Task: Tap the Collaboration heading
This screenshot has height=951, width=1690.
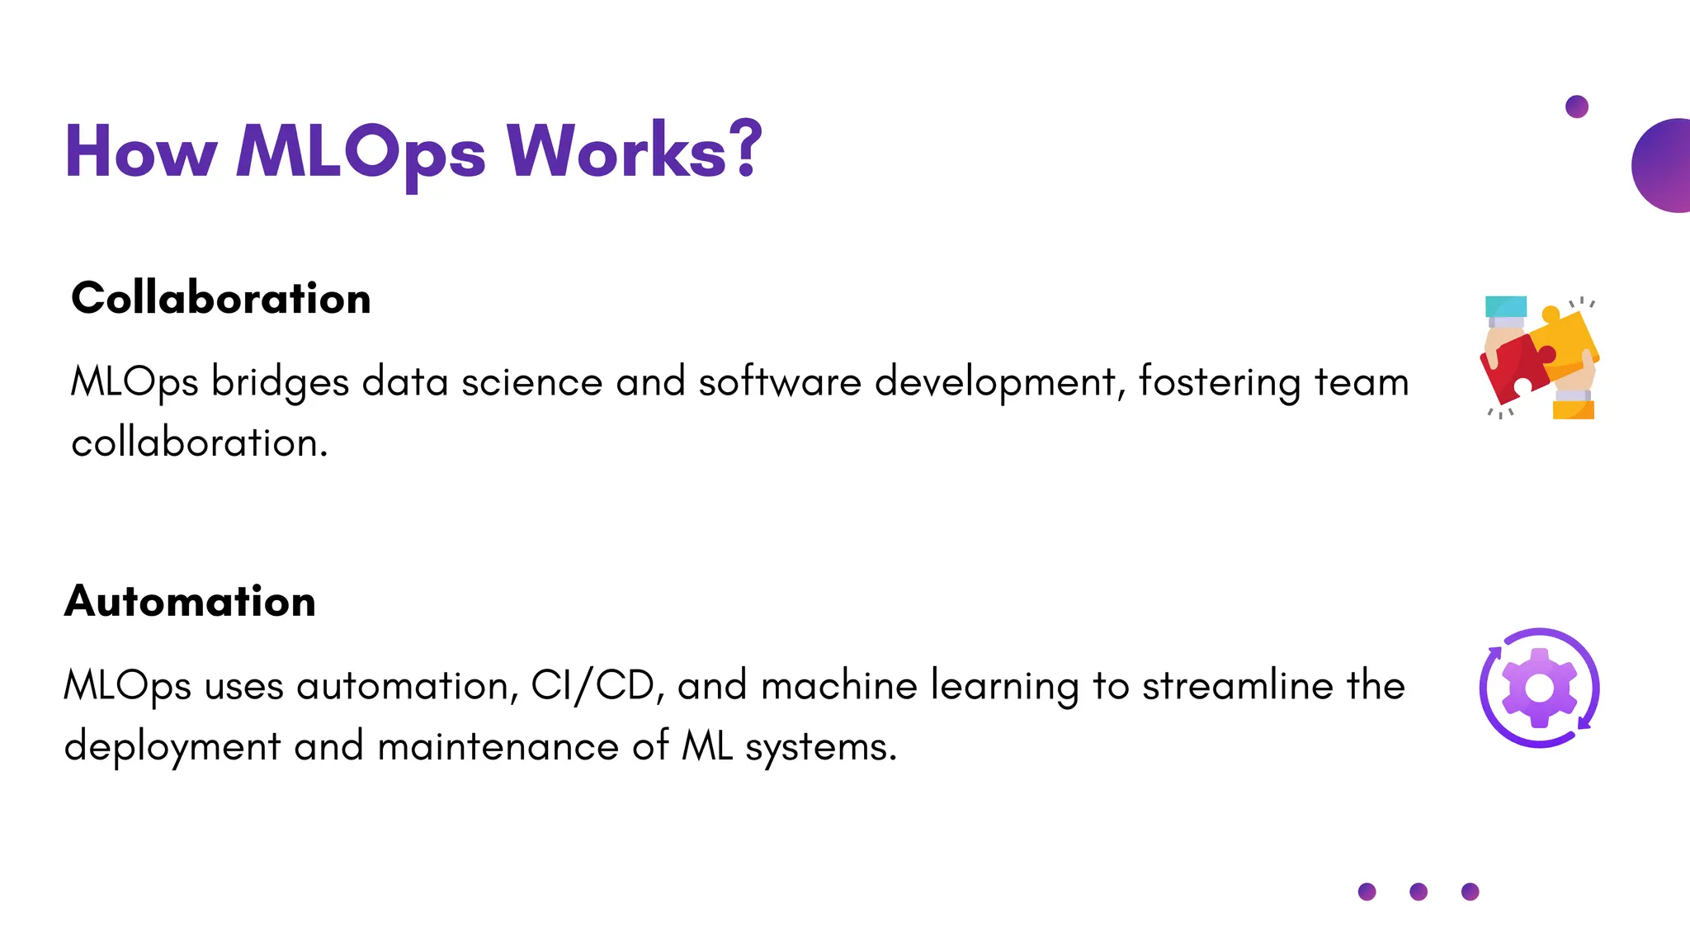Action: coord(221,298)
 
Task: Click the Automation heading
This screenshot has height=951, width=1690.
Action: coord(190,601)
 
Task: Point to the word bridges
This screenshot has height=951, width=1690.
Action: coord(280,383)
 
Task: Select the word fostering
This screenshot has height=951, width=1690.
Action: coord(1220,383)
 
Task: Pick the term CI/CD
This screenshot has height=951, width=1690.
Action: coord(592,686)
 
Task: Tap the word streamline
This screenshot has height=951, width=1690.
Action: coord(1237,686)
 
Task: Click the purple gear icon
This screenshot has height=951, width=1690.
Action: coord(1539,688)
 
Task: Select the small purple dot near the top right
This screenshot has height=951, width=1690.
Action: coord(1576,106)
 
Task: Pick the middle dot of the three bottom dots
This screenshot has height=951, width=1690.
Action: coord(1419,892)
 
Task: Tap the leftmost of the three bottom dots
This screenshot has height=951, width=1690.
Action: coord(1367,892)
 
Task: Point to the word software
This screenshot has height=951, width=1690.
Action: coord(780,383)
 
